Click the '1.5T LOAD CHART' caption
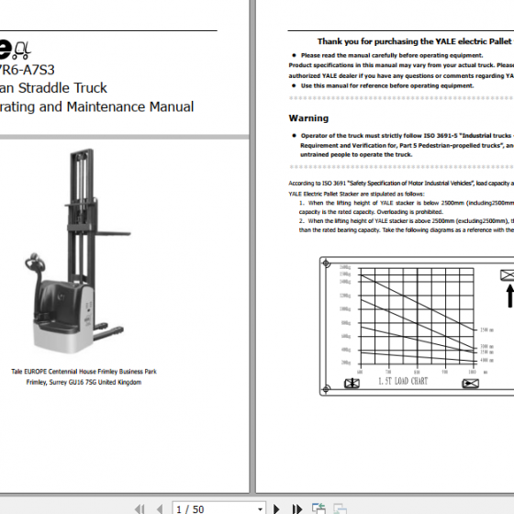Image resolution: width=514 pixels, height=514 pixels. pyautogui.click(x=403, y=380)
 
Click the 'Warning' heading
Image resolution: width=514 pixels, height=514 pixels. pyautogui.click(x=308, y=118)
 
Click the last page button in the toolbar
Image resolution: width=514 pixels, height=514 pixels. pyautogui.click(x=297, y=508)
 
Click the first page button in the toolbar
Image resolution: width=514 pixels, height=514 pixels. pyautogui.click(x=140, y=508)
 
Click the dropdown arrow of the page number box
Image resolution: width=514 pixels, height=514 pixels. pyautogui.click(x=261, y=508)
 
